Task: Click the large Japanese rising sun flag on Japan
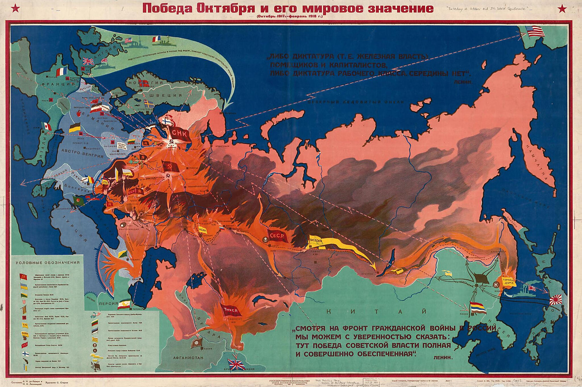tap(558, 300)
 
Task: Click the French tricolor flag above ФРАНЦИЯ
tap(62, 72)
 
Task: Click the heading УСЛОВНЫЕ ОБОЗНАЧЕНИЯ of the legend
tap(47, 263)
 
